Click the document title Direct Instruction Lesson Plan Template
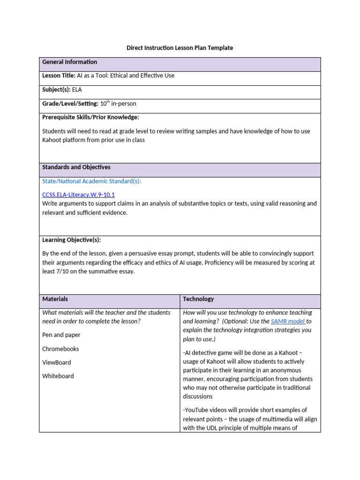[x=180, y=48]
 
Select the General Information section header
[x=69, y=62]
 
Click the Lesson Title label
[x=59, y=75]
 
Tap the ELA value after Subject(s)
[x=76, y=90]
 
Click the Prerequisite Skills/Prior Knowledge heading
[x=90, y=117]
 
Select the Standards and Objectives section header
[x=76, y=167]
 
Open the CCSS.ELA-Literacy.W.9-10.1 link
[x=78, y=195]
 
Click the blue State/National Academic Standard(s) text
[x=91, y=181]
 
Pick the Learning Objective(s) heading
[x=71, y=240]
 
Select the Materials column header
[x=55, y=299]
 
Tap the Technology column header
[x=198, y=299]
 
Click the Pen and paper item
[x=61, y=335]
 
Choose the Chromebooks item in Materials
[x=60, y=349]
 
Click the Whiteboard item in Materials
[x=58, y=376]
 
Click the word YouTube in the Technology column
[x=197, y=410]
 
